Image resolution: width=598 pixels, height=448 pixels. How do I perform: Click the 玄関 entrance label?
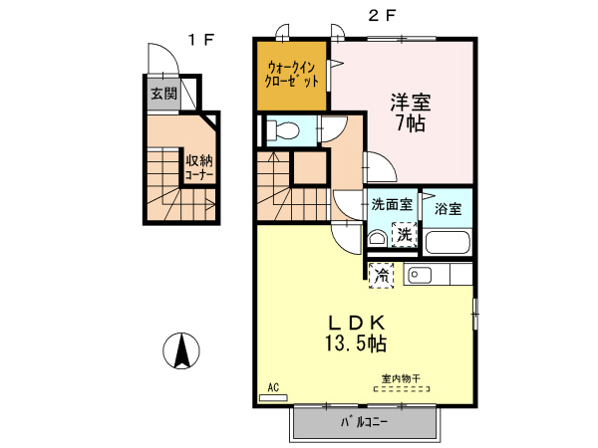(163, 95)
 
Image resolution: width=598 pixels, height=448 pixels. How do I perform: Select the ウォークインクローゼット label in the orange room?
(291, 75)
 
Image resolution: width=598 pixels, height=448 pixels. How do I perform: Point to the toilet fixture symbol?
(281, 128)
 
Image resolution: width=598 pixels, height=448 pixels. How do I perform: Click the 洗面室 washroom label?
(392, 206)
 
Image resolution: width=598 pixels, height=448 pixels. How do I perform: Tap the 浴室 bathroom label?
(448, 209)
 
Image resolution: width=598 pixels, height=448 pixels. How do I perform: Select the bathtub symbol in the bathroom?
(448, 241)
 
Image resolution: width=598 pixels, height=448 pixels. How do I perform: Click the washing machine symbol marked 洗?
(404, 235)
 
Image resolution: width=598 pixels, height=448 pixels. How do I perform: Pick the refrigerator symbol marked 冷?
(382, 276)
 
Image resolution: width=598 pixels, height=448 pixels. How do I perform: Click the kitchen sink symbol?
(420, 275)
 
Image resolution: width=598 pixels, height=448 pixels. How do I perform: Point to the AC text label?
(273, 386)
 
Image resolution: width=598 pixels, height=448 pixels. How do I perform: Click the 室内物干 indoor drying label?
(401, 379)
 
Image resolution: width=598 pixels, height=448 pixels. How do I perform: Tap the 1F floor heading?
(202, 40)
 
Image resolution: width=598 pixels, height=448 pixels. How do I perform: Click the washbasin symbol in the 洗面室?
(377, 238)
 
